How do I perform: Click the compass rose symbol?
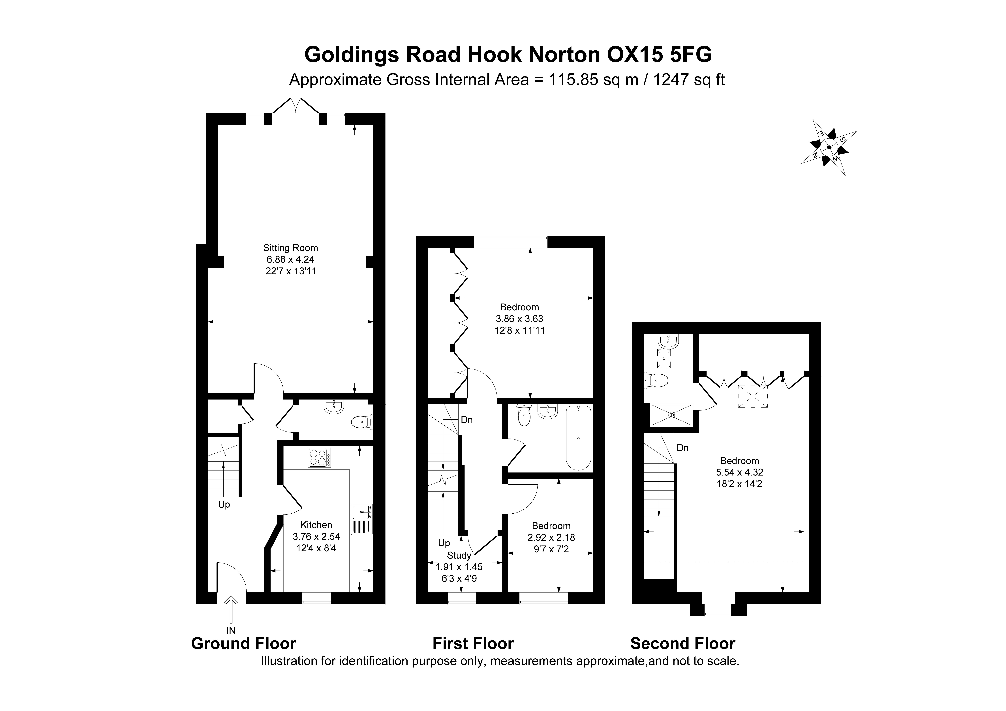(829, 147)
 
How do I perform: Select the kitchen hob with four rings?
(319, 458)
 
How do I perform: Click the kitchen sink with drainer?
(361, 519)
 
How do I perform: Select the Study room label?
(459, 555)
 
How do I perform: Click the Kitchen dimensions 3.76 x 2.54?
(316, 537)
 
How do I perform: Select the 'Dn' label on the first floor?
(467, 420)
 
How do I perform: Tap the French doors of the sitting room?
(296, 105)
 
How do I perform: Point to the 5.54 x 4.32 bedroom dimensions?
(740, 473)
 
